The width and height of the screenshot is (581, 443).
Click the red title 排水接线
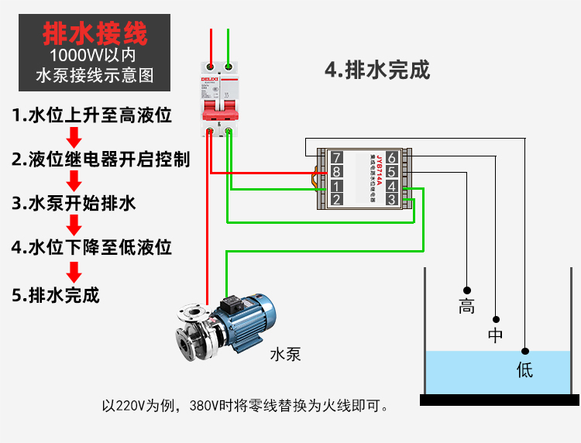pyautogui.click(x=94, y=33)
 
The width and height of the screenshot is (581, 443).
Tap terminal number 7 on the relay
pyautogui.click(x=336, y=159)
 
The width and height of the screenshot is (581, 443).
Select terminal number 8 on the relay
pyautogui.click(x=336, y=172)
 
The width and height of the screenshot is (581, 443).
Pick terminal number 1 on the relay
pyautogui.click(x=336, y=186)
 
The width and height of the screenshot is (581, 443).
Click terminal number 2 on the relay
pyautogui.click(x=336, y=199)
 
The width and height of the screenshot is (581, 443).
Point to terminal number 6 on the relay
pyautogui.click(x=392, y=159)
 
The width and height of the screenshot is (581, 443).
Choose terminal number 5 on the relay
pyautogui.click(x=392, y=172)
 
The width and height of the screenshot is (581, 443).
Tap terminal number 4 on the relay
pyautogui.click(x=392, y=186)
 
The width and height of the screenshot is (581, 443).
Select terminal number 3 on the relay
pyautogui.click(x=392, y=199)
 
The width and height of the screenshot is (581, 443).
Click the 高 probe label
pyautogui.click(x=466, y=306)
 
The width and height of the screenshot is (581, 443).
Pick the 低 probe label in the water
pyautogui.click(x=525, y=369)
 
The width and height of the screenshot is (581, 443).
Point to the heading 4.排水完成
pyautogui.click(x=377, y=70)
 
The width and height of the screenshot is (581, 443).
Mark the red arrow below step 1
pyautogui.click(x=74, y=138)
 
